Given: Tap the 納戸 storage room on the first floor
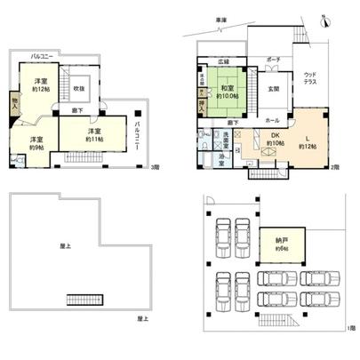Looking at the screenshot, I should click(282, 242).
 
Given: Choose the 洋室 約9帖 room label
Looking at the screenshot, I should click(37, 143).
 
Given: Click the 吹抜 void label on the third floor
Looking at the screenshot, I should click(79, 89).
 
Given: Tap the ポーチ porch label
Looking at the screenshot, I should click(273, 60).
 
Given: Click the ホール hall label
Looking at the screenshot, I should click(271, 119).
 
